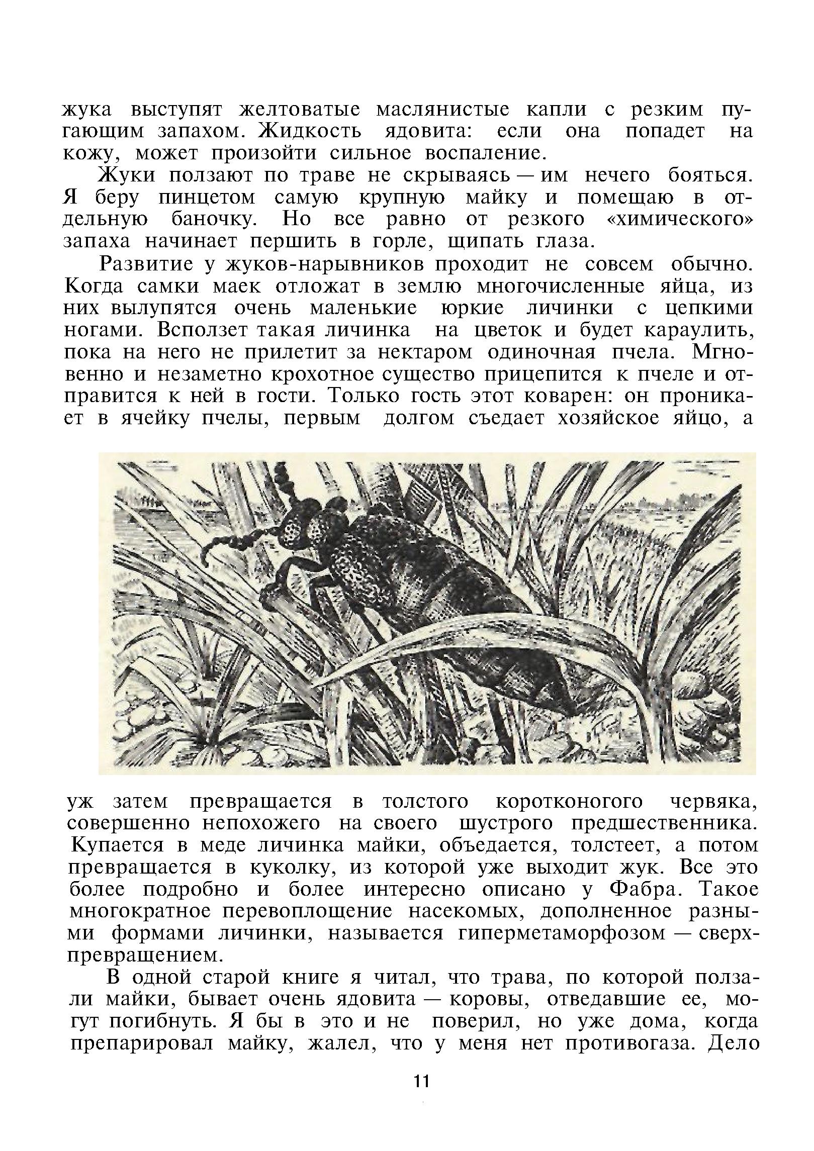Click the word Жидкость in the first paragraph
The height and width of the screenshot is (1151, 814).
pyautogui.click(x=310, y=131)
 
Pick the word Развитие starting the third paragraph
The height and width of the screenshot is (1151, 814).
pyautogui.click(x=146, y=264)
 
